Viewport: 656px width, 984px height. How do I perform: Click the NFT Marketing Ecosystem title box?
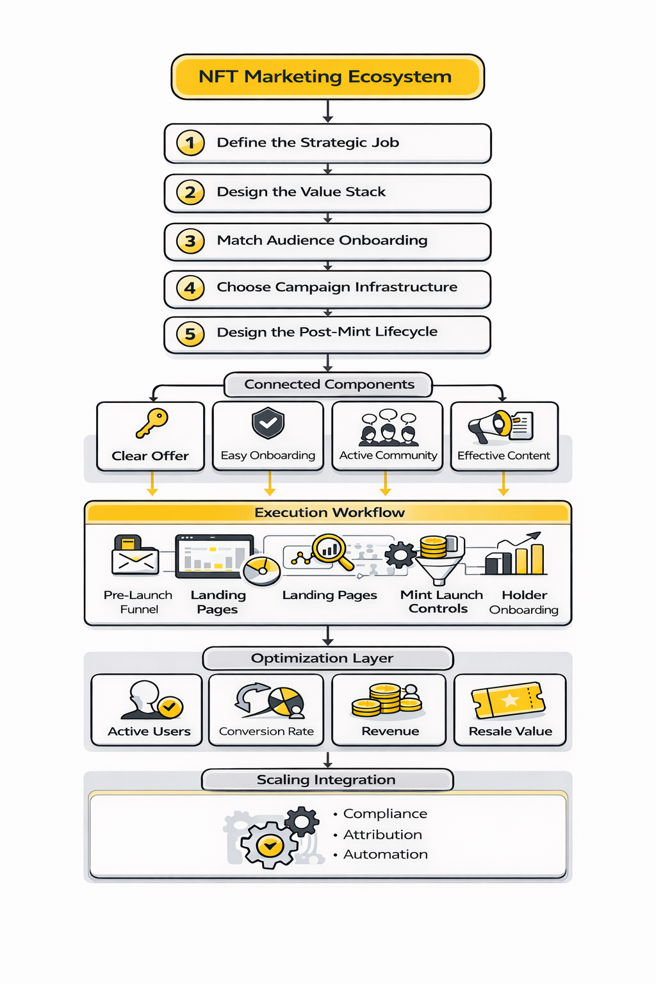(x=327, y=77)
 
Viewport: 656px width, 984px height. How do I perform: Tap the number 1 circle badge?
(x=190, y=143)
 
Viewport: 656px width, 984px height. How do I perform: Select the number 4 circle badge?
(x=190, y=288)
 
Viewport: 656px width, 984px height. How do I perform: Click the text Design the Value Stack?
(x=301, y=192)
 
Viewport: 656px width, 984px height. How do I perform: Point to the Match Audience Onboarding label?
(x=322, y=240)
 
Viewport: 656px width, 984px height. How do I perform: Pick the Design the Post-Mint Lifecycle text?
(x=327, y=332)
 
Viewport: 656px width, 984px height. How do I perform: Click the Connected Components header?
(x=329, y=384)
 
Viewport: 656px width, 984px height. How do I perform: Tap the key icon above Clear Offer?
(x=152, y=423)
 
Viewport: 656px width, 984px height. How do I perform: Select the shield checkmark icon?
(x=268, y=423)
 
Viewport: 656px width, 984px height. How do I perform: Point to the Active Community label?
(x=388, y=455)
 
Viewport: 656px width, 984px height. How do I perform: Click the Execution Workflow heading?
(x=329, y=512)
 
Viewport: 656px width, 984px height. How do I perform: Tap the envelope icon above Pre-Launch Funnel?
(x=135, y=556)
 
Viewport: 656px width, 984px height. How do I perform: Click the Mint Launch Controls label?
(x=441, y=602)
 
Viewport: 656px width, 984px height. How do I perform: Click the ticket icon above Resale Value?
(x=508, y=700)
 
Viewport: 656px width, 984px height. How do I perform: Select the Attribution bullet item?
(x=382, y=835)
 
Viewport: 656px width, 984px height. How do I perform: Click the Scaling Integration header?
(x=326, y=780)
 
